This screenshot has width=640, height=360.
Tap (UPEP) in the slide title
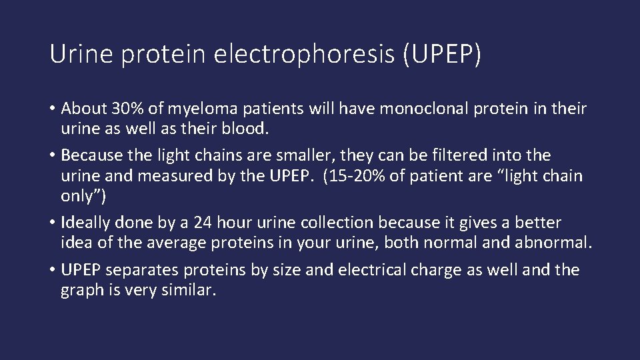click(x=441, y=55)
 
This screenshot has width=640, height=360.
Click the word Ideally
click(x=85, y=223)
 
